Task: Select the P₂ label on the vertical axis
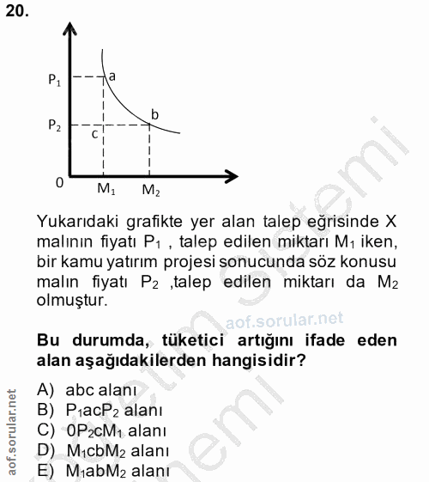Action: click(x=55, y=125)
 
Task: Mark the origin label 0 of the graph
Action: click(x=59, y=183)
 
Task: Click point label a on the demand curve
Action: click(x=112, y=76)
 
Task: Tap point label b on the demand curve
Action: click(x=154, y=114)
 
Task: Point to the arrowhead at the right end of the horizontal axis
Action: click(x=233, y=176)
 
